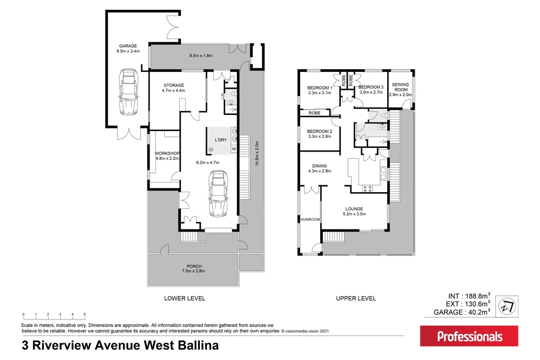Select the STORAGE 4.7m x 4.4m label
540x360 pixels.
(x=173, y=88)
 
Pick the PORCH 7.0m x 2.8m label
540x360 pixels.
(x=194, y=268)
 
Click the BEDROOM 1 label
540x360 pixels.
(x=320, y=90)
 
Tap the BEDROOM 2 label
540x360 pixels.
(x=320, y=134)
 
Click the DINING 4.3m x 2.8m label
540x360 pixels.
(x=320, y=169)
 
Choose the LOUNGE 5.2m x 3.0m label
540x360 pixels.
(x=354, y=211)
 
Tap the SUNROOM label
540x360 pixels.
(x=310, y=219)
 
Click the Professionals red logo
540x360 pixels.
(x=469, y=336)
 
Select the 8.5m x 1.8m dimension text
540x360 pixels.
(x=201, y=56)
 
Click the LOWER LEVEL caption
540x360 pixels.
(x=185, y=298)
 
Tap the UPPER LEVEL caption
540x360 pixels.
(x=356, y=298)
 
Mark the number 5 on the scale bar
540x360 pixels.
(x=84, y=314)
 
